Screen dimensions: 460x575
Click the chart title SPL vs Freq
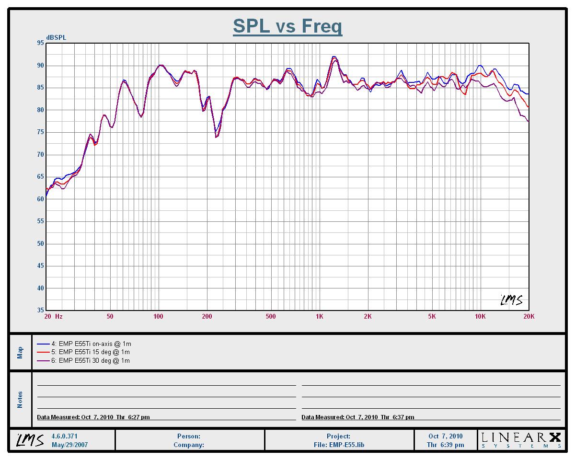[287, 26]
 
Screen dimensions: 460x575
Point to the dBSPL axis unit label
[57, 37]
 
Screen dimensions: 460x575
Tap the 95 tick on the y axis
[40, 43]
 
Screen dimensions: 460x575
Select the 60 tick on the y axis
[40, 199]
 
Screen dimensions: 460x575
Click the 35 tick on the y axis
[40, 310]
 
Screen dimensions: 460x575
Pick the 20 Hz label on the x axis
[53, 317]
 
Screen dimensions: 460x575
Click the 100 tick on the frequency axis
[158, 317]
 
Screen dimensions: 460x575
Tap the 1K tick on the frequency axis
[319, 317]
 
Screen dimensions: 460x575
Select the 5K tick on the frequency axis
[432, 317]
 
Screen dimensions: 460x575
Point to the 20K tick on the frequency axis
[529, 317]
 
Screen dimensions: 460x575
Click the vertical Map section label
[20, 353]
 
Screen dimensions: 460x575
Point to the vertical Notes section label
[20, 400]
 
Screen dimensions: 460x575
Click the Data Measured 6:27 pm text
[93, 417]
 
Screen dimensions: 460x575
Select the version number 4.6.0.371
[64, 437]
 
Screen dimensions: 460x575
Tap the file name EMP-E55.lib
[339, 445]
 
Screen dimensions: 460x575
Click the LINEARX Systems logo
[521, 440]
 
